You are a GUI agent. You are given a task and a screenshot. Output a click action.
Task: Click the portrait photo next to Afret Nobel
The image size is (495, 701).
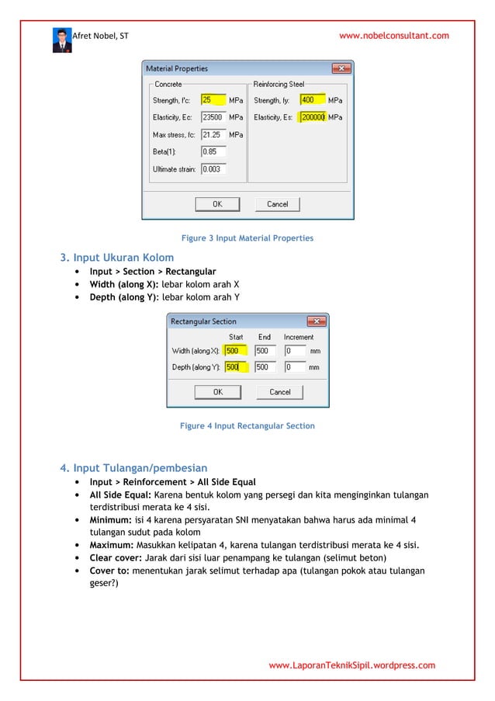[62, 40]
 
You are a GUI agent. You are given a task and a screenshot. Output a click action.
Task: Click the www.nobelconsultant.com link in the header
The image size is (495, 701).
[394, 36]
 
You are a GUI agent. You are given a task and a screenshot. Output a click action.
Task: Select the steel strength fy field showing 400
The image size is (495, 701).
[312, 100]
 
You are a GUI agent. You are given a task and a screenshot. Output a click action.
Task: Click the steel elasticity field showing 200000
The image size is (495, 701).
[312, 117]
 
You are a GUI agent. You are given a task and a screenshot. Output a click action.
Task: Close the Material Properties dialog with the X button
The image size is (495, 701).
[346, 69]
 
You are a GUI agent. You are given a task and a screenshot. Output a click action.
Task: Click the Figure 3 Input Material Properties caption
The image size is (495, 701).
[247, 238]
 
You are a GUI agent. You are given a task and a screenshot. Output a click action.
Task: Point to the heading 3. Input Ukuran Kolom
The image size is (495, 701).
[117, 257]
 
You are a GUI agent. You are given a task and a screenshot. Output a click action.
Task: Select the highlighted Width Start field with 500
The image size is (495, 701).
[236, 351]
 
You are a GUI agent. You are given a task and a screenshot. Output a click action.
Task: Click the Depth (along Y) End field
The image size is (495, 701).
[265, 367]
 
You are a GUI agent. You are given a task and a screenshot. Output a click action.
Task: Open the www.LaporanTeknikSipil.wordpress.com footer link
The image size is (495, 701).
[351, 665]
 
